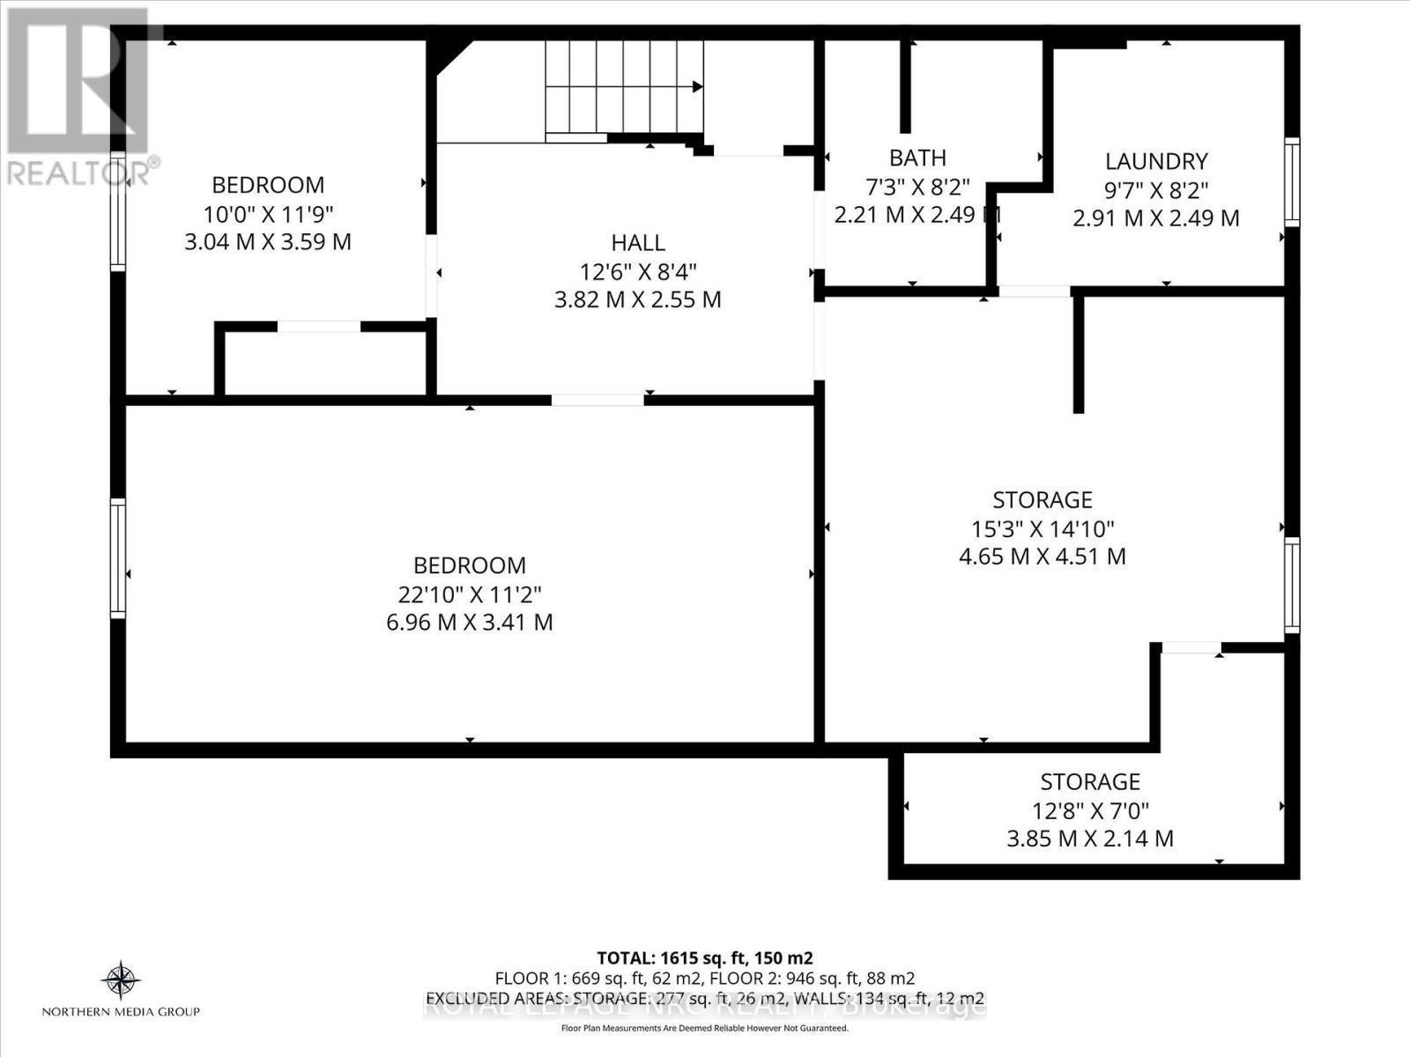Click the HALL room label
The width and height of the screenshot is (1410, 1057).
click(x=638, y=242)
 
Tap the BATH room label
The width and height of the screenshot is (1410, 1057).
click(x=917, y=158)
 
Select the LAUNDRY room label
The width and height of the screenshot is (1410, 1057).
click(x=1156, y=161)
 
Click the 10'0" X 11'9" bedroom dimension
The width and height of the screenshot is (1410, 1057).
click(x=268, y=213)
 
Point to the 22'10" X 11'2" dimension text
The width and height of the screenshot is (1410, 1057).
click(x=470, y=594)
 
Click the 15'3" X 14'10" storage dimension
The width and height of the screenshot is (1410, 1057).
click(x=1043, y=528)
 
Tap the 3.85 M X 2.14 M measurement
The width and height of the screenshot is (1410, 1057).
click(x=1090, y=838)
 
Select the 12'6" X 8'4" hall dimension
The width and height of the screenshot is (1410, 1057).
click(x=638, y=270)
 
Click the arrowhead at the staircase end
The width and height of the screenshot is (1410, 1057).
click(x=697, y=86)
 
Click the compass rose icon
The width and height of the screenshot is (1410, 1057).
click(x=121, y=979)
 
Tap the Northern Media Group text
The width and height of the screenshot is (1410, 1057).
click(x=121, y=1012)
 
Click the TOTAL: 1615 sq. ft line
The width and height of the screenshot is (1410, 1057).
click(x=704, y=957)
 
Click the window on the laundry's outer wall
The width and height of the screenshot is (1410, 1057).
click(x=1292, y=182)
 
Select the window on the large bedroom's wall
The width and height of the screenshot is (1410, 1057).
click(x=117, y=558)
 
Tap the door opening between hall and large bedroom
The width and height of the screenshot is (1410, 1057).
click(x=597, y=400)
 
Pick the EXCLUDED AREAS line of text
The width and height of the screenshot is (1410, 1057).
click(x=704, y=998)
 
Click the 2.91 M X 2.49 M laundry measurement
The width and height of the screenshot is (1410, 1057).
click(x=1156, y=218)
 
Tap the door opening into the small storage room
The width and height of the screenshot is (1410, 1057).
click(x=1191, y=648)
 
